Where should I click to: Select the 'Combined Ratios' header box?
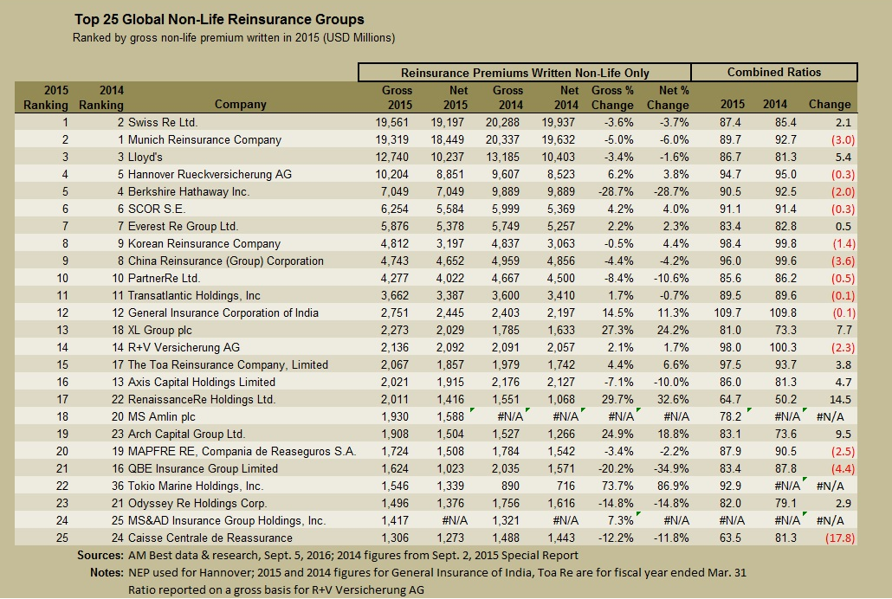(x=773, y=73)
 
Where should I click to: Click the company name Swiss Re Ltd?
(x=163, y=122)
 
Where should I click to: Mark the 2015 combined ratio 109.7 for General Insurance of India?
(x=730, y=312)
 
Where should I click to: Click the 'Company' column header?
(x=241, y=105)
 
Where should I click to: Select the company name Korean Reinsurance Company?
(x=191, y=243)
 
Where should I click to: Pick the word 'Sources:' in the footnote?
(x=100, y=555)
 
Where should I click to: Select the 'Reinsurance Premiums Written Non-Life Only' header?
(x=525, y=73)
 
